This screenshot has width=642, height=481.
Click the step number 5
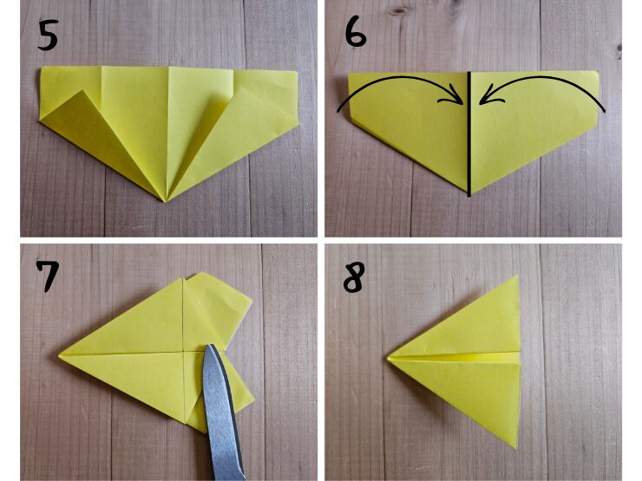click(48, 36)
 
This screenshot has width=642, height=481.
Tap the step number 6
click(356, 33)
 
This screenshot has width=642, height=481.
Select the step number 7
click(48, 276)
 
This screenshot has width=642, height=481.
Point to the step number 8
click(354, 277)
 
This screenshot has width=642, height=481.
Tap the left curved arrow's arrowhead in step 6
click(455, 97)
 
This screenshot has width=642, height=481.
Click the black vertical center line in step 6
click(469, 133)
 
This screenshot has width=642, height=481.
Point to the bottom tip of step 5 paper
click(165, 201)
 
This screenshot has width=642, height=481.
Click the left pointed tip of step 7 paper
click(61, 355)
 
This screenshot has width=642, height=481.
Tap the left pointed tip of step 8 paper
click(388, 359)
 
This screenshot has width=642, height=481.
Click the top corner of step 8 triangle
click(517, 276)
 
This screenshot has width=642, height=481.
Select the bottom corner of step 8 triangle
click(517, 446)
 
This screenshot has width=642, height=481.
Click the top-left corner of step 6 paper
click(349, 74)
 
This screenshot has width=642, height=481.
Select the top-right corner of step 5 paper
click(297, 73)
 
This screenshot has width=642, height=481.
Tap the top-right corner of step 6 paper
click(598, 72)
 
